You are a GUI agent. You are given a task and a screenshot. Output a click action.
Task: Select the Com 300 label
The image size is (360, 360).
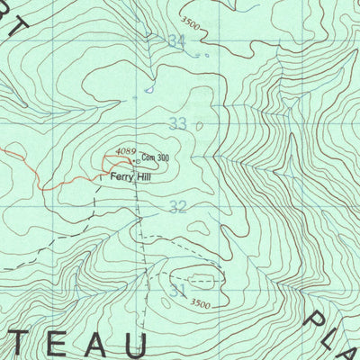click(x=155, y=158)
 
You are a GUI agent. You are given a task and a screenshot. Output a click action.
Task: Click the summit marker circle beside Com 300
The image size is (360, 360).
click(x=136, y=161)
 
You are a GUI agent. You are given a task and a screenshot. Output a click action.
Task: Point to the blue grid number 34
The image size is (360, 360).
click(x=176, y=41)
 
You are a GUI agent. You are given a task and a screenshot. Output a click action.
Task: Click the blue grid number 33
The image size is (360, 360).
click(x=178, y=123)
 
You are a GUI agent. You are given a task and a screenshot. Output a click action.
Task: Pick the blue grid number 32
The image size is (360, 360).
click(x=177, y=208)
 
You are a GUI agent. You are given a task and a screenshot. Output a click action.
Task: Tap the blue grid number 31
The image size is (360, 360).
click(x=176, y=292)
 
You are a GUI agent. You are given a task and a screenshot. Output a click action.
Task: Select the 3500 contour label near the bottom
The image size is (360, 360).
click(x=202, y=304)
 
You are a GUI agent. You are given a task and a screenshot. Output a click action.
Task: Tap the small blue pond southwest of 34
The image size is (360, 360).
click(x=149, y=88)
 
